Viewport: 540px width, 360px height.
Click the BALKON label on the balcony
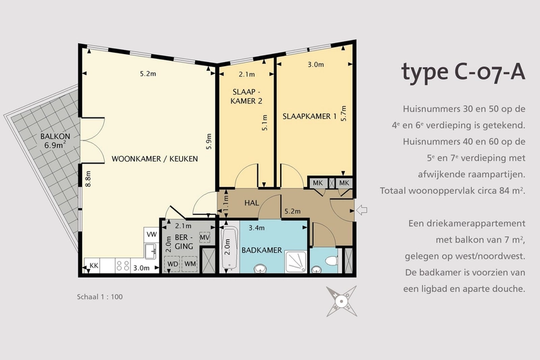[x=55, y=136]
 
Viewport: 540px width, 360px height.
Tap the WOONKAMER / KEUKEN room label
[x=155, y=159]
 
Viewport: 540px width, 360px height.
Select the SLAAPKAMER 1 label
[x=309, y=116]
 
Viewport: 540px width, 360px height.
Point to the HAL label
[x=252, y=203]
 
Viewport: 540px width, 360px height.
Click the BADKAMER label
[x=262, y=250]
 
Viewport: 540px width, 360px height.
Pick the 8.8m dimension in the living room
[x=88, y=179]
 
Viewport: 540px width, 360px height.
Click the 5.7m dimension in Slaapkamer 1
[x=344, y=113]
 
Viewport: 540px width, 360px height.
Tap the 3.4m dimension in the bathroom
[x=256, y=228]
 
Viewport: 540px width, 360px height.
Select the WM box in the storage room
[x=190, y=264]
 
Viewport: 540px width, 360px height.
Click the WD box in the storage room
[x=173, y=264]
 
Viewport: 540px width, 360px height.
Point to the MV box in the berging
[x=205, y=237]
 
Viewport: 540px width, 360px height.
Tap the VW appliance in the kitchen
[x=151, y=234]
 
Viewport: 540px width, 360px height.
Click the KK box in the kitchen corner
[x=94, y=265]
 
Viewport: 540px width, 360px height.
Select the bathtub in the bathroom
[x=230, y=248]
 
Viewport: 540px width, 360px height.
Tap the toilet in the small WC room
[x=331, y=261]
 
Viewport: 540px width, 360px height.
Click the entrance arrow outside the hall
[x=362, y=210]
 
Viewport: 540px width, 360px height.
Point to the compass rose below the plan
[x=342, y=301]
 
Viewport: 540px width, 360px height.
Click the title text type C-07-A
[x=463, y=73]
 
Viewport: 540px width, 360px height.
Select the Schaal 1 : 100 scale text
[x=100, y=297]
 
